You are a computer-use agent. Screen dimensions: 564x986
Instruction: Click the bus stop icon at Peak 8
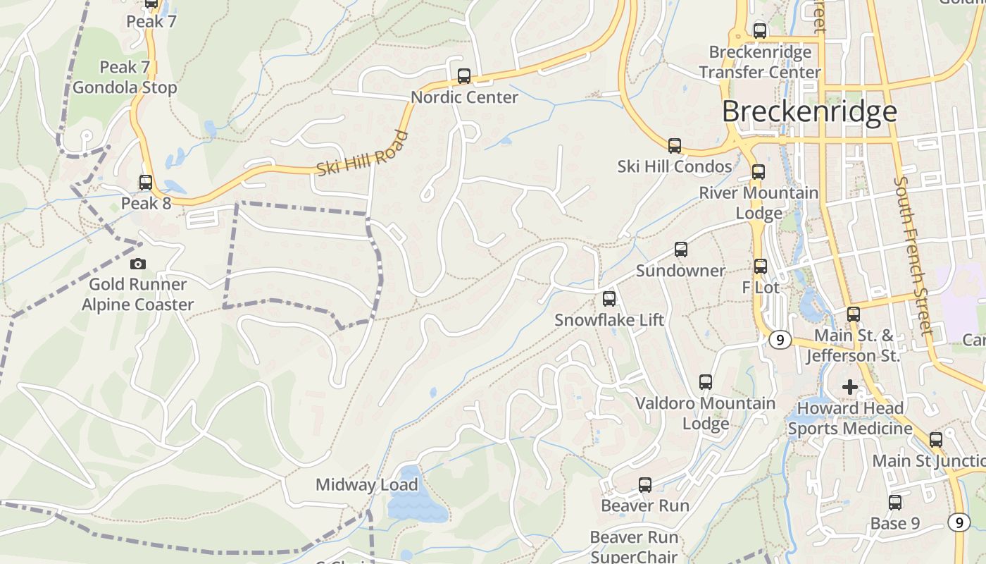click(146, 183)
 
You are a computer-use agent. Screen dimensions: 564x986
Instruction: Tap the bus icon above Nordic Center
click(464, 76)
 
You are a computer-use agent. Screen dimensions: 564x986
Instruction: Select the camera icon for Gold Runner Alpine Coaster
click(138, 264)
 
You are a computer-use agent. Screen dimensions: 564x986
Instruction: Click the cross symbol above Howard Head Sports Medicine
click(850, 387)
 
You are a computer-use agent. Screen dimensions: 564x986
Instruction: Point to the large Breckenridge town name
click(809, 111)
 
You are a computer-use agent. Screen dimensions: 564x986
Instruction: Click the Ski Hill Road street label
click(363, 154)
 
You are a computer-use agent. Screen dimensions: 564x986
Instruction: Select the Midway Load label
click(366, 485)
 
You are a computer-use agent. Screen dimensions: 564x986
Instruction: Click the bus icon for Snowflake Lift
click(609, 299)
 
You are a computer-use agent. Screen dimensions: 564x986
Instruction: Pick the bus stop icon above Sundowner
click(681, 250)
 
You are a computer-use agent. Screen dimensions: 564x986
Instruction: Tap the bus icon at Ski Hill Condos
click(675, 146)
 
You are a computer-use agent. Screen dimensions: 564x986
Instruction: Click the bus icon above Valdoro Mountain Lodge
click(706, 382)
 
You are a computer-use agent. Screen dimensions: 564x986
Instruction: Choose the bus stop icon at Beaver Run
click(645, 485)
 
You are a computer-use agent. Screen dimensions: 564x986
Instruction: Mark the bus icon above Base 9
click(895, 503)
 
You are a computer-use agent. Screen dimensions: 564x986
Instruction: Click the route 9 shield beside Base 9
click(959, 522)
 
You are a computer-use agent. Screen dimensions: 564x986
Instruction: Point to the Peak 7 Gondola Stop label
click(125, 78)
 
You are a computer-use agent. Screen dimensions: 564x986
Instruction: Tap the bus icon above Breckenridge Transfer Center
click(760, 31)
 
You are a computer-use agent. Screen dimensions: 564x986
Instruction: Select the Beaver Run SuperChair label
click(635, 547)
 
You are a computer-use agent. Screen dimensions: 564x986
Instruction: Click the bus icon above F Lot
click(761, 266)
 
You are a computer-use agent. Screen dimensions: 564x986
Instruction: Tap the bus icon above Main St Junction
click(936, 440)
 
